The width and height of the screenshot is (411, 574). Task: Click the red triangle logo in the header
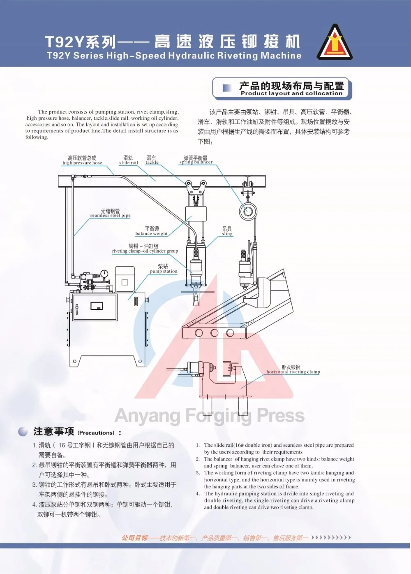335,42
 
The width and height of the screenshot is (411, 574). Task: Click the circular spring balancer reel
248,211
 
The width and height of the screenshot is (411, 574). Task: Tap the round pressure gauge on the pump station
104,274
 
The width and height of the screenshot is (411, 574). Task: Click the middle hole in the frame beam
215,332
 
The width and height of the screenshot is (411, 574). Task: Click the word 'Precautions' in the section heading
96,433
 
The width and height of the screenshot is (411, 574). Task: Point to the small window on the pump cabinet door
97,306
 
